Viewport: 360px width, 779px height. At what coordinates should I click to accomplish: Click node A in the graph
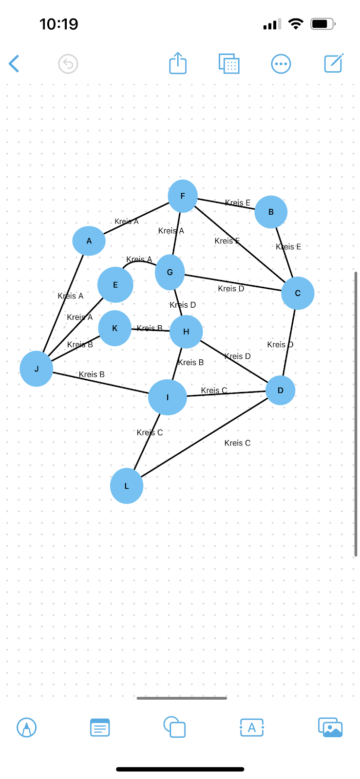pyautogui.click(x=89, y=241)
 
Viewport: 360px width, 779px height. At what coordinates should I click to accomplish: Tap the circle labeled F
pyautogui.click(x=183, y=196)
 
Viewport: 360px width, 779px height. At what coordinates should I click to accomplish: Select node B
pyautogui.click(x=271, y=212)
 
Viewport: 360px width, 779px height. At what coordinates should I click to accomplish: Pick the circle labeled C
pyautogui.click(x=298, y=293)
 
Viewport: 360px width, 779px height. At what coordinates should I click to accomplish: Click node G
pyautogui.click(x=170, y=272)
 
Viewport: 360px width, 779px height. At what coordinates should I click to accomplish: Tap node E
pyautogui.click(x=115, y=285)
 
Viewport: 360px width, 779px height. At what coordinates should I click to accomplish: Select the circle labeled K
pyautogui.click(x=115, y=328)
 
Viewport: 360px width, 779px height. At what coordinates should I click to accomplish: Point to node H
pyautogui.click(x=186, y=332)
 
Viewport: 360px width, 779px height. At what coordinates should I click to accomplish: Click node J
pyautogui.click(x=37, y=369)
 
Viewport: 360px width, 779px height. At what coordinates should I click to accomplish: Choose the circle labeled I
pyautogui.click(x=168, y=397)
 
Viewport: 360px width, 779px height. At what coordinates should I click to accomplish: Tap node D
pyautogui.click(x=281, y=390)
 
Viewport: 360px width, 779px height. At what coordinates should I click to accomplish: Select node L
pyautogui.click(x=127, y=486)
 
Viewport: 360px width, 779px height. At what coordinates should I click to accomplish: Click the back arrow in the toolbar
pyautogui.click(x=14, y=64)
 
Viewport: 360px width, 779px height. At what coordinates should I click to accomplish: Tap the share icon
pyautogui.click(x=178, y=63)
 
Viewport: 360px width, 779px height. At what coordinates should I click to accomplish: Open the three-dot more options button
pyautogui.click(x=281, y=64)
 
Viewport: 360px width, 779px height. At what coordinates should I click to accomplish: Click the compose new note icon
pyautogui.click(x=334, y=63)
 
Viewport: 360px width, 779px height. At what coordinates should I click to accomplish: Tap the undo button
pyautogui.click(x=68, y=64)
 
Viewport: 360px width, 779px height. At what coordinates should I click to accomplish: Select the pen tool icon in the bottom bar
pyautogui.click(x=27, y=728)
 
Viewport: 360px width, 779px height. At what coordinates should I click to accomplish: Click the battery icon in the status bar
pyautogui.click(x=322, y=24)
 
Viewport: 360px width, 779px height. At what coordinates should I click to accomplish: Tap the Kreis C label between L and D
pyautogui.click(x=237, y=443)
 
